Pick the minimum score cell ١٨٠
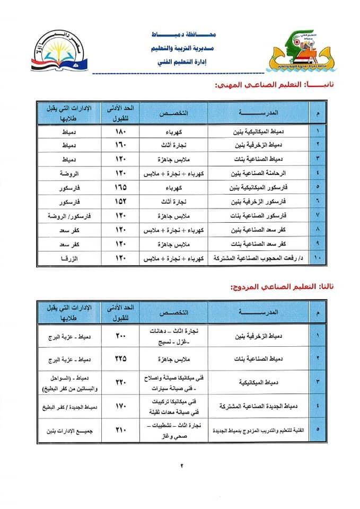point(121,130)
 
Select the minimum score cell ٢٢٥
point(121,358)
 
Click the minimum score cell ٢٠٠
point(121,336)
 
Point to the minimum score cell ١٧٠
point(121,406)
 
